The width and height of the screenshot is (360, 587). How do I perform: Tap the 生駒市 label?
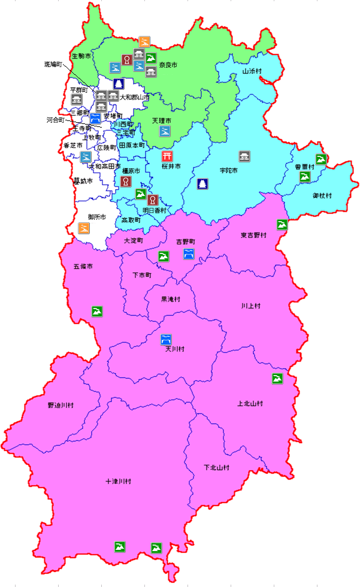point(81,56)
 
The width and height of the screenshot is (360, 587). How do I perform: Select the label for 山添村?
point(252,71)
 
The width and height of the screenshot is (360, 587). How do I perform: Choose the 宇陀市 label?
point(229,171)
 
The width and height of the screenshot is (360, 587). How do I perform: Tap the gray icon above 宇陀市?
point(244,156)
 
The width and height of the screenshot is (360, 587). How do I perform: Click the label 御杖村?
point(322,196)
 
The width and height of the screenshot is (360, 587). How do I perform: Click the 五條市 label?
point(83,266)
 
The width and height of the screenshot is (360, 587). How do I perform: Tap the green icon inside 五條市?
point(97,311)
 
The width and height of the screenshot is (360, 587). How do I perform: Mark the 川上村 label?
point(251,305)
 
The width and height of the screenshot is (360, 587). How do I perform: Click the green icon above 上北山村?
point(277,379)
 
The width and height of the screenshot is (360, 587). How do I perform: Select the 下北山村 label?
point(216,467)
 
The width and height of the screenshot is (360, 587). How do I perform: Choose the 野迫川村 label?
point(60,406)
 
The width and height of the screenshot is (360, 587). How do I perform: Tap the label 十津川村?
point(118,481)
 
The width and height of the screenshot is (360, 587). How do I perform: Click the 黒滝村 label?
point(170,299)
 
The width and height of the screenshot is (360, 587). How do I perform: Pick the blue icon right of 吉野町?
point(189,254)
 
